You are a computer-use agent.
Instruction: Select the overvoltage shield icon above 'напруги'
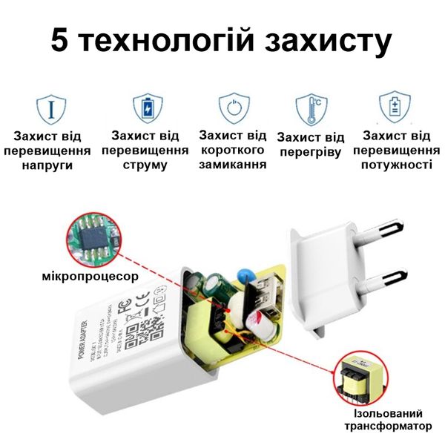click(51, 108)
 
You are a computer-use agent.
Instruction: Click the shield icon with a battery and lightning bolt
click(145, 108)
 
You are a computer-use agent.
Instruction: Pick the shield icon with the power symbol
click(232, 108)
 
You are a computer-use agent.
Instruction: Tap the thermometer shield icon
click(311, 108)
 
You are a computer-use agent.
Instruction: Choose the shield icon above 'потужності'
click(394, 107)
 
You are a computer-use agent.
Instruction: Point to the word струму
click(145, 165)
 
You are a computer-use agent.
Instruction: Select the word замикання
click(232, 164)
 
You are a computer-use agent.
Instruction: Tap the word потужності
click(396, 165)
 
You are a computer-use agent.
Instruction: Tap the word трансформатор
click(387, 426)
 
